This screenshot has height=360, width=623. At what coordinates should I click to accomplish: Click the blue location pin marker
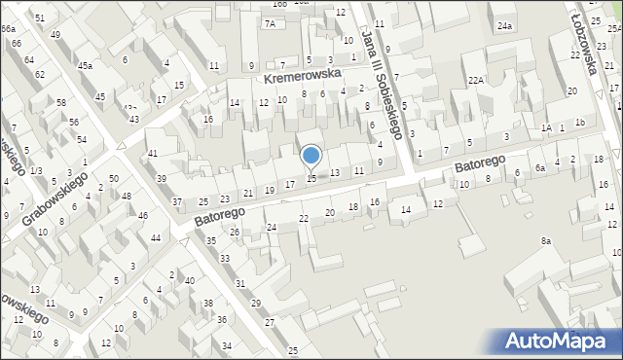tap(311, 156)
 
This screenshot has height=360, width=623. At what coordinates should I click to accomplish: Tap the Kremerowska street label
tap(300, 74)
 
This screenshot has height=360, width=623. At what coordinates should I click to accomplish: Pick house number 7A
tap(270, 23)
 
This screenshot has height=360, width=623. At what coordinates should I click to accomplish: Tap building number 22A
tap(475, 81)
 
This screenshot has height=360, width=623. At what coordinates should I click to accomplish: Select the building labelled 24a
tap(504, 26)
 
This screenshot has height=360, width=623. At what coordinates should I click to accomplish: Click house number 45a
tap(86, 66)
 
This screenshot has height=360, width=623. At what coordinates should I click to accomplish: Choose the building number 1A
tap(547, 127)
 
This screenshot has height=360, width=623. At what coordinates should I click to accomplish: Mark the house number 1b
tap(579, 122)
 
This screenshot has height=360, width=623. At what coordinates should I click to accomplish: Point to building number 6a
tap(538, 167)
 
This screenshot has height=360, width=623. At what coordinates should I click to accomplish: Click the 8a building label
tap(546, 240)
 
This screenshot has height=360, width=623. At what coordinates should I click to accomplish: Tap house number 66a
tap(8, 30)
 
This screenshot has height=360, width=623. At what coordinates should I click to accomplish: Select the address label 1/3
tap(36, 171)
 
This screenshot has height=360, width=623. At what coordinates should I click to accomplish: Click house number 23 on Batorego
tap(225, 198)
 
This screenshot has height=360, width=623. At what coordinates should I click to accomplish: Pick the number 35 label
tap(211, 240)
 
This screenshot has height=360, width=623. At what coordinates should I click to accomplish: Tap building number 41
tap(153, 155)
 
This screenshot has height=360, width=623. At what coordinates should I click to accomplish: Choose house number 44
tap(156, 238)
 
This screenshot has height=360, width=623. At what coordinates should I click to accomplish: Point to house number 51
tap(40, 18)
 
